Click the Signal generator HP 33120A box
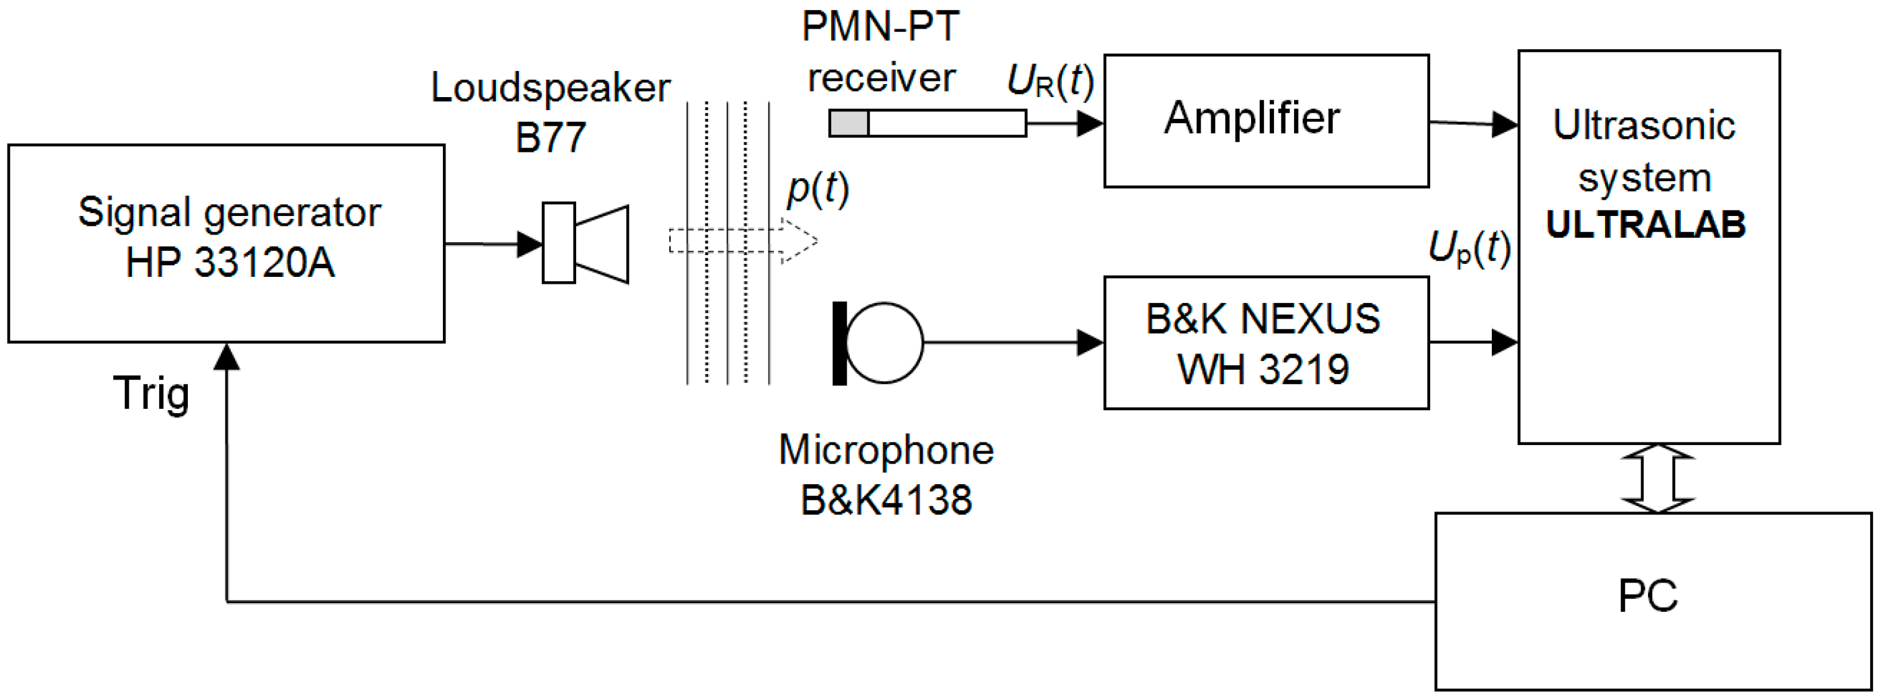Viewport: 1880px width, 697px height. (x=226, y=243)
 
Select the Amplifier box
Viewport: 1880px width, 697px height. (x=1265, y=121)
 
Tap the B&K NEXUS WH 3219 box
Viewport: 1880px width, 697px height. (x=1265, y=342)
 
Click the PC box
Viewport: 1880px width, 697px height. (x=1652, y=601)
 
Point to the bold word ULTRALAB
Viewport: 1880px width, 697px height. (x=1645, y=224)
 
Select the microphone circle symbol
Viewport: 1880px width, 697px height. (x=884, y=342)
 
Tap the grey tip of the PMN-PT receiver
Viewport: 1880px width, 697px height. (x=848, y=123)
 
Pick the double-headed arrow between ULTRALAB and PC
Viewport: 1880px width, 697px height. (x=1657, y=479)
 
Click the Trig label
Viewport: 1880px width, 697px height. (x=151, y=393)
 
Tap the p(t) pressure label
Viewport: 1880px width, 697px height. (x=817, y=189)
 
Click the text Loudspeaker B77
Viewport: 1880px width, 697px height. (x=551, y=111)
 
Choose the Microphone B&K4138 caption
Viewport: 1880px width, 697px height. (x=886, y=474)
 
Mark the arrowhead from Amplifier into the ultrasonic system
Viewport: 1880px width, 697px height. (x=1505, y=124)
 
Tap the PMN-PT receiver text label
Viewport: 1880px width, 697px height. (x=881, y=52)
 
